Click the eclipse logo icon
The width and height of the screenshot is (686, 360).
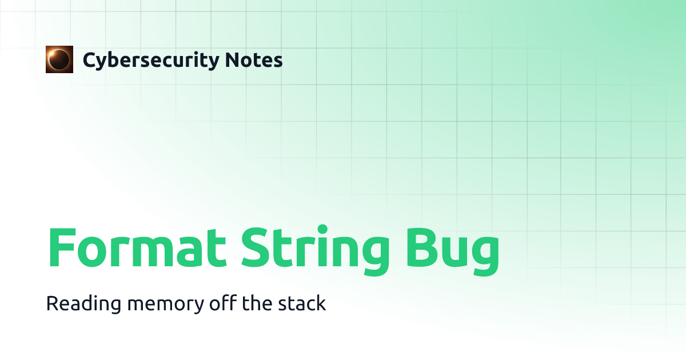59,59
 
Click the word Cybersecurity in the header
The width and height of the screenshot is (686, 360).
151,61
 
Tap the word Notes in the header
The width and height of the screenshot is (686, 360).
254,59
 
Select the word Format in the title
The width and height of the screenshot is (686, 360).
137,247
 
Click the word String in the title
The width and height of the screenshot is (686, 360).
316,250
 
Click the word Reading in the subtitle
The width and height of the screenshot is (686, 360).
83,303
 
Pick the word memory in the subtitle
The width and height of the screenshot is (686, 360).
165,306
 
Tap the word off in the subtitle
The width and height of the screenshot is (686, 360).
223,303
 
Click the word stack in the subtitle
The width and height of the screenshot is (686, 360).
302,303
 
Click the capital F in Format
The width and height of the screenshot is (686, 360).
62,247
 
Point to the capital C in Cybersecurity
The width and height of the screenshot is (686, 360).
91,59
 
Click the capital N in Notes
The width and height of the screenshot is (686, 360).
233,59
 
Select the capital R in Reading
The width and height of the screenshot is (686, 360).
53,303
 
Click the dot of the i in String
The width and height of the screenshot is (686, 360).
322,229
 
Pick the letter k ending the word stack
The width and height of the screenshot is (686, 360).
320,303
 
